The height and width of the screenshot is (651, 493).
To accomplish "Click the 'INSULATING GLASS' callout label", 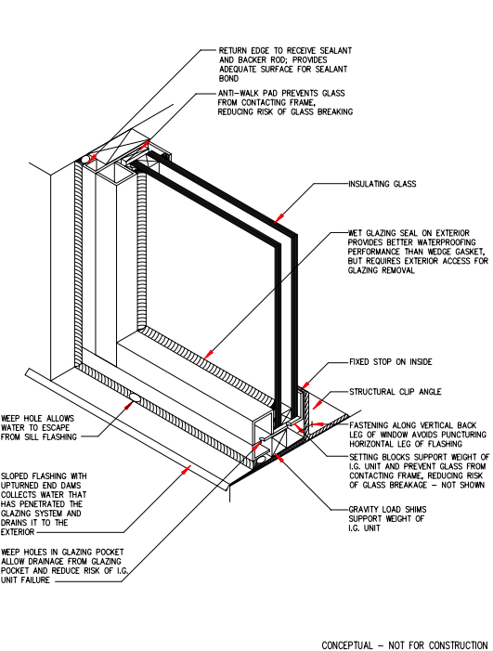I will pos(382,185).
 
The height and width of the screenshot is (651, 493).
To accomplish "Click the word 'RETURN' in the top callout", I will pos(234,49).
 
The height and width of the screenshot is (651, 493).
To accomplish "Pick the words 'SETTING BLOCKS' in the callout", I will pos(380,458).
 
